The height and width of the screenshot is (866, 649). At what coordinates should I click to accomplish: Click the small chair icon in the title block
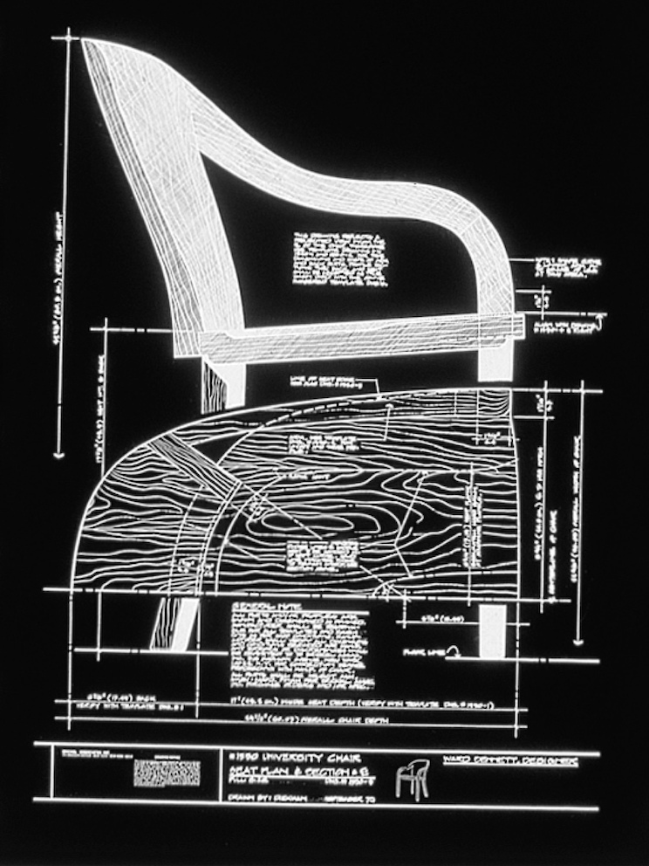pos(413,779)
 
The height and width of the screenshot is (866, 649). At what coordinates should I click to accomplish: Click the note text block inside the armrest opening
pos(338,259)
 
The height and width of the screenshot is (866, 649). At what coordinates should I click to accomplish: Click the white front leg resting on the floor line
pos(492,629)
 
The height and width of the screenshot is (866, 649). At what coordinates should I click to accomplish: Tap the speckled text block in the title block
pos(166,772)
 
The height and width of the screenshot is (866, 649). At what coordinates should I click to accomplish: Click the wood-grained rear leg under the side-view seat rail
pos(214,385)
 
